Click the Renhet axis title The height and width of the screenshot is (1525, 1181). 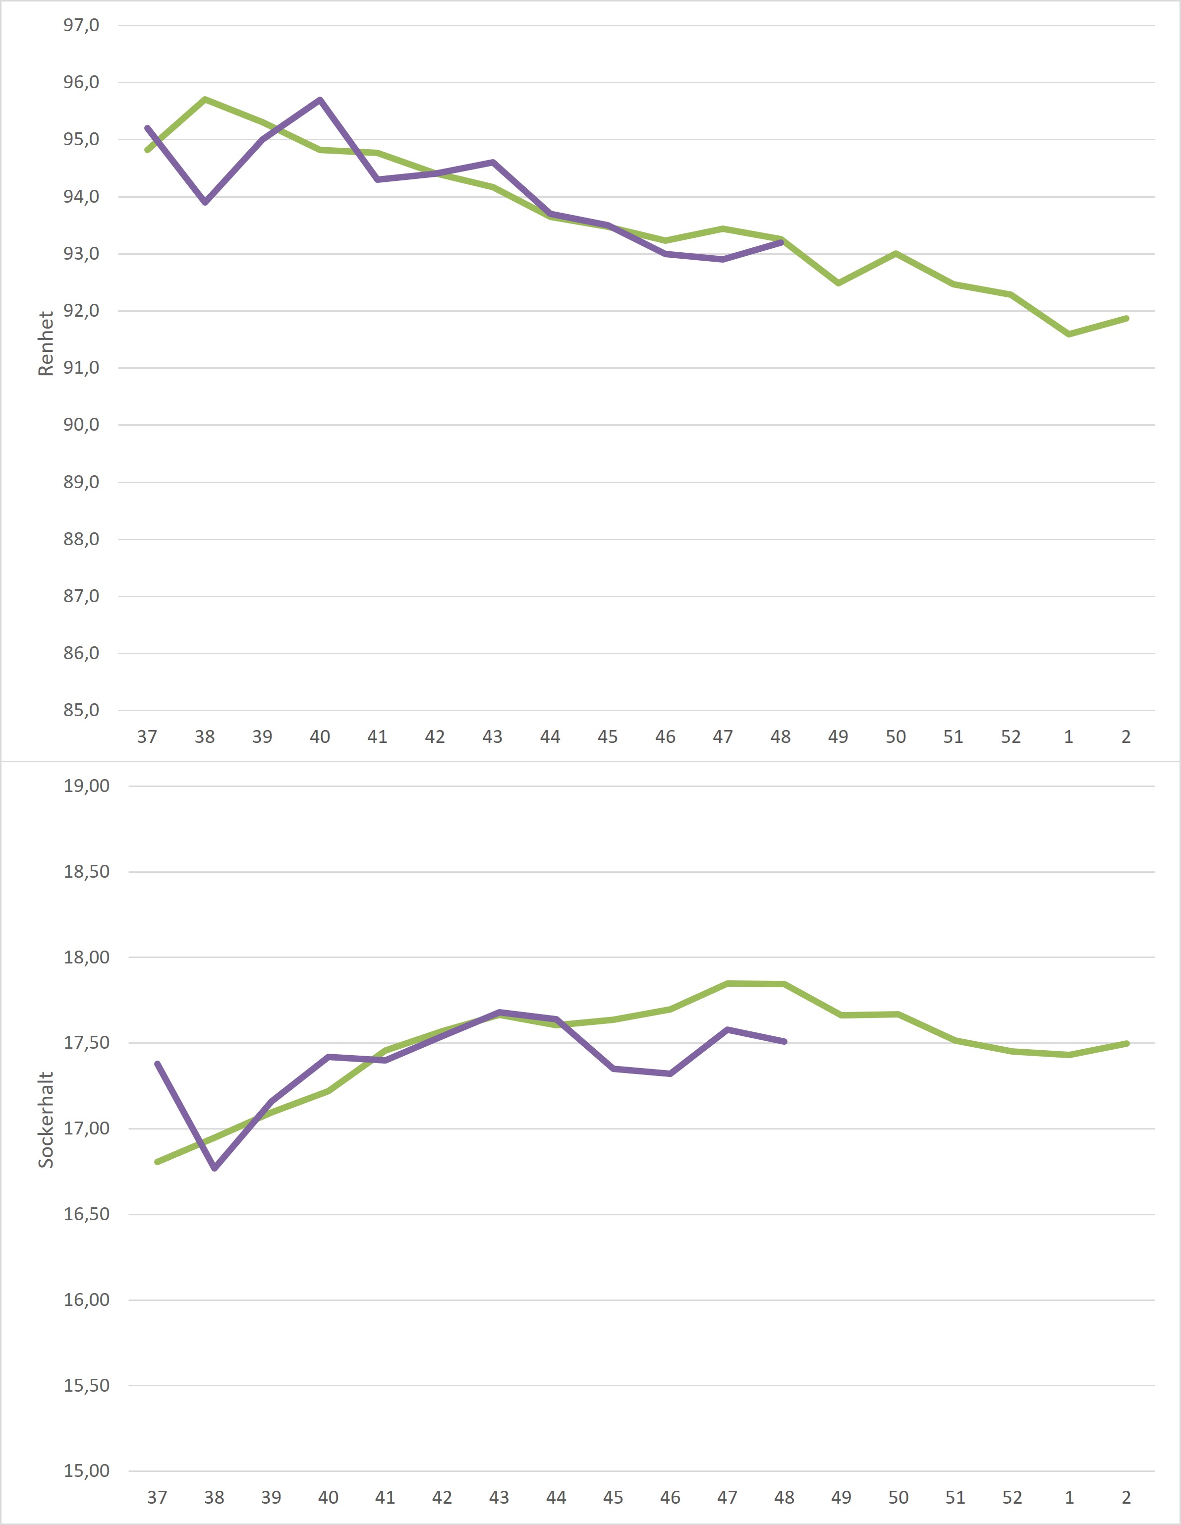46,343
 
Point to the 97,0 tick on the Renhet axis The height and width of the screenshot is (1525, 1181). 81,25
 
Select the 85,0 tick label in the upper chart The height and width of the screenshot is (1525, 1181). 81,710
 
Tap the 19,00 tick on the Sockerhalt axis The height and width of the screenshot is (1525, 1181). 87,786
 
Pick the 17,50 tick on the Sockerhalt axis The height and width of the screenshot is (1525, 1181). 87,1042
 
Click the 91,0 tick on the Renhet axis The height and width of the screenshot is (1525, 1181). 81,367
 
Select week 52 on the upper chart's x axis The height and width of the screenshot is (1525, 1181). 1011,736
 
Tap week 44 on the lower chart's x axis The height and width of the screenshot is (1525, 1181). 556,1497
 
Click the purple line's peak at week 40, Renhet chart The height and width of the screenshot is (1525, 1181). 320,100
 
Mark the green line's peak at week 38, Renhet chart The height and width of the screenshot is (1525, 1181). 205,99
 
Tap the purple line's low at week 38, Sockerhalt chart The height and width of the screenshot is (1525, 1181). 215,1168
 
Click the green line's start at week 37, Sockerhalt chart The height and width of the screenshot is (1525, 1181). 157,1162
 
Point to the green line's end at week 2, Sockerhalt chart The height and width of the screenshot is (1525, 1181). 1126,1043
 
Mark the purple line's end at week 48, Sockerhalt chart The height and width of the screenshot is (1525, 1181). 785,1041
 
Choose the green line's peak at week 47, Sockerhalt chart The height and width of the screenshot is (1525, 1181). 727,983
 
